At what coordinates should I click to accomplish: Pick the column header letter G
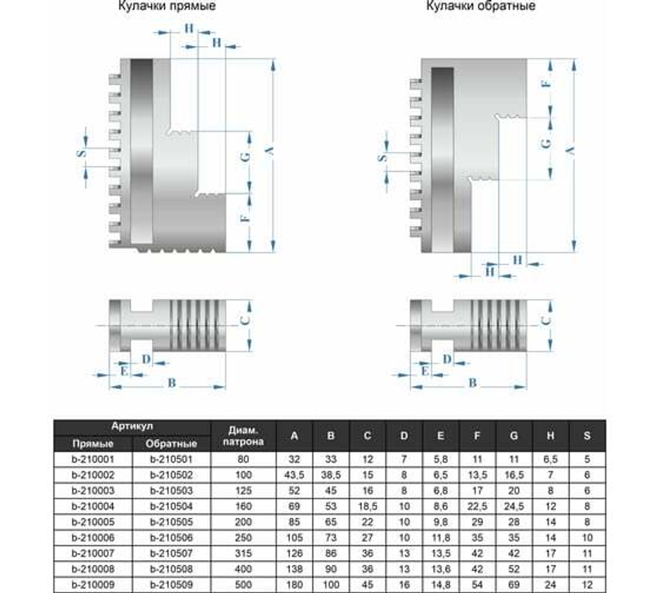513,436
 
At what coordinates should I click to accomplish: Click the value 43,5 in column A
295,475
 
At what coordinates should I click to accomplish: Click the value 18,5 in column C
368,505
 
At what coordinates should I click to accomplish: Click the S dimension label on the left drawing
81,153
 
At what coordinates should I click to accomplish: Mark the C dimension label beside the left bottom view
244,321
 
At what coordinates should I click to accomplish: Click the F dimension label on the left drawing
244,219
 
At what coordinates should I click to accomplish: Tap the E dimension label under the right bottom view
425,371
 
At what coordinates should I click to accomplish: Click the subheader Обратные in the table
170,443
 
